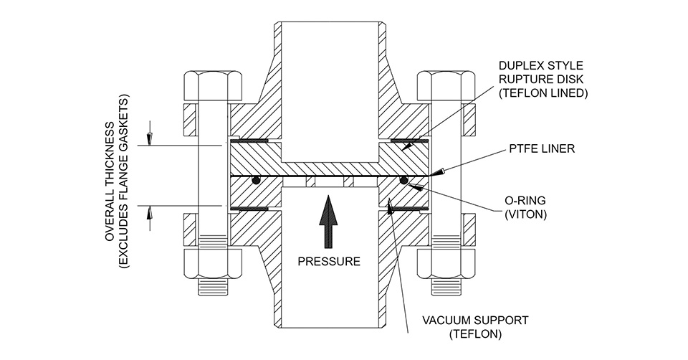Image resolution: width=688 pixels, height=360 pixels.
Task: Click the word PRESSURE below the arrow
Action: tap(329, 261)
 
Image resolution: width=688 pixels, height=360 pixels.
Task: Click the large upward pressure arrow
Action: tap(329, 222)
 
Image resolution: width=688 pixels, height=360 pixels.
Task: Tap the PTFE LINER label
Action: tap(542, 148)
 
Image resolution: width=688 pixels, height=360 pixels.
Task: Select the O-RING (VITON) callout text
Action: tap(525, 208)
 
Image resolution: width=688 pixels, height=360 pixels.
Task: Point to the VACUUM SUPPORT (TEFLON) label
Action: tap(475, 326)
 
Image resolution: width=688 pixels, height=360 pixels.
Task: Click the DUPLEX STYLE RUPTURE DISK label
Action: tap(543, 80)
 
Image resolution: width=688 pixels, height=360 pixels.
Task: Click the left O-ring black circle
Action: tap(255, 180)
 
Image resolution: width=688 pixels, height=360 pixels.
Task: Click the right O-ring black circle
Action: tap(403, 180)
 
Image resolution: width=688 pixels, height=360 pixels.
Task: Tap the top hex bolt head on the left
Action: tap(213, 87)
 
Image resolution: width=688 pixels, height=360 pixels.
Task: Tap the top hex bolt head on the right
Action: tap(446, 87)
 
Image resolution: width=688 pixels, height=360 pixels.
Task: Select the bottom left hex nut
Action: tap(213, 265)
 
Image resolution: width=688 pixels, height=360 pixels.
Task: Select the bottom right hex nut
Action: tap(446, 265)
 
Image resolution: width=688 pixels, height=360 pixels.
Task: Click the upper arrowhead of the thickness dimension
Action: tap(150, 138)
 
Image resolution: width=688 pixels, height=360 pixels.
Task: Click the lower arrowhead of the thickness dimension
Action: tap(150, 213)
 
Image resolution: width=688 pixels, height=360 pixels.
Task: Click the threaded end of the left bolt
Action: tap(213, 288)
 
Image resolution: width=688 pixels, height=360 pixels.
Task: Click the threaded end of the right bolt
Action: tap(446, 288)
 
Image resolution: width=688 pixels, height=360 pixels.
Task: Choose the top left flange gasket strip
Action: tap(249, 141)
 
